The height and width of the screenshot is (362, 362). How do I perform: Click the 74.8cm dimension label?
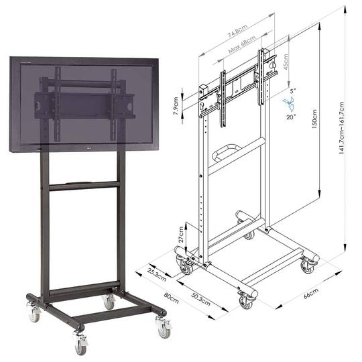(x=237, y=30)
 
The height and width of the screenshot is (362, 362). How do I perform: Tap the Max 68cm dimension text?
(x=242, y=44)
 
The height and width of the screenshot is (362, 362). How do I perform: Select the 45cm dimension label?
(x=286, y=62)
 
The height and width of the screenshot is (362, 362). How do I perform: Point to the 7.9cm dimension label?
(x=176, y=107)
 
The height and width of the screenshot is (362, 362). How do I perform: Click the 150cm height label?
(x=314, y=119)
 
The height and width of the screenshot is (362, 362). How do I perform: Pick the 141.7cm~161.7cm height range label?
(x=342, y=128)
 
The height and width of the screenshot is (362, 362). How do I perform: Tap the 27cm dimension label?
(x=181, y=235)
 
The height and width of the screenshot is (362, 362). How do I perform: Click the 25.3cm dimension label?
(x=157, y=274)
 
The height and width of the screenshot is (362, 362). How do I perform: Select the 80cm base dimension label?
(x=172, y=298)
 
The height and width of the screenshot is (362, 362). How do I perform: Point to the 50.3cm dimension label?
(x=201, y=299)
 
